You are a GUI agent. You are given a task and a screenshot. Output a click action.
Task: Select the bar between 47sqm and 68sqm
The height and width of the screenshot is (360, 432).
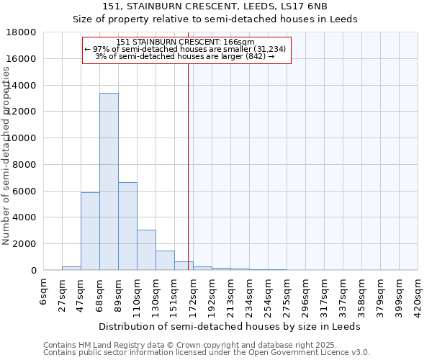tap(90, 231)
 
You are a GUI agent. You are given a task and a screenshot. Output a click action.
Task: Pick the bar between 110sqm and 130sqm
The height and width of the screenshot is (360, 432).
tap(146, 250)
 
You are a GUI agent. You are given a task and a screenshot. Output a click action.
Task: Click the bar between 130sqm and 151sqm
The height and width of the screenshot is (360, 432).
tap(165, 260)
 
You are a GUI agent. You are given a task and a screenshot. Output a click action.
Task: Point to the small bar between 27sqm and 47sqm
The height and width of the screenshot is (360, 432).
tap(71, 268)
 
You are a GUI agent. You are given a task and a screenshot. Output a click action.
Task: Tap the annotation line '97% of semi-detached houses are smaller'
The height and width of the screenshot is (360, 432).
tap(186, 49)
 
